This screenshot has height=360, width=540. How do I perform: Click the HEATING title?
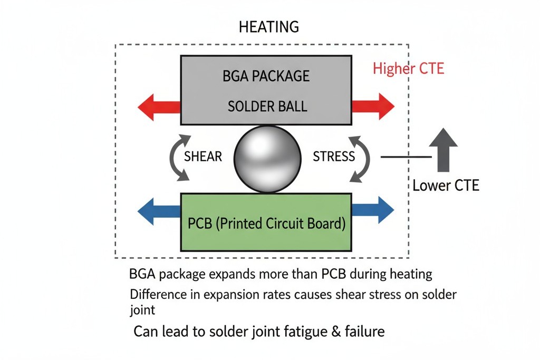(269, 27)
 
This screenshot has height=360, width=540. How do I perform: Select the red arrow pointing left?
(158, 107)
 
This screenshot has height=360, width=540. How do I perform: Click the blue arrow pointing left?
(158, 211)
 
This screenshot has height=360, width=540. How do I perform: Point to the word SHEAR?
(203, 157)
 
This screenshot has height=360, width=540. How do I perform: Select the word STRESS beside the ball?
(334, 157)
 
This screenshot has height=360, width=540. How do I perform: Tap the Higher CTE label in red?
(409, 69)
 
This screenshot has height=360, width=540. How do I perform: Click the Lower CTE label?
(446, 186)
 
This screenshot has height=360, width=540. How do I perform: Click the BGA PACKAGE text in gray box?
(266, 76)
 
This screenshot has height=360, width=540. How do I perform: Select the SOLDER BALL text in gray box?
(267, 106)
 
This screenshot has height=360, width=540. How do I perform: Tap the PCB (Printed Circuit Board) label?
(266, 223)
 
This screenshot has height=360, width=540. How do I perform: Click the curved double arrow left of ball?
(177, 157)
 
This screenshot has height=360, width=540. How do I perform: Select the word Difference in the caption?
(156, 294)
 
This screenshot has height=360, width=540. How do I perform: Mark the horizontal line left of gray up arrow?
(405, 157)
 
